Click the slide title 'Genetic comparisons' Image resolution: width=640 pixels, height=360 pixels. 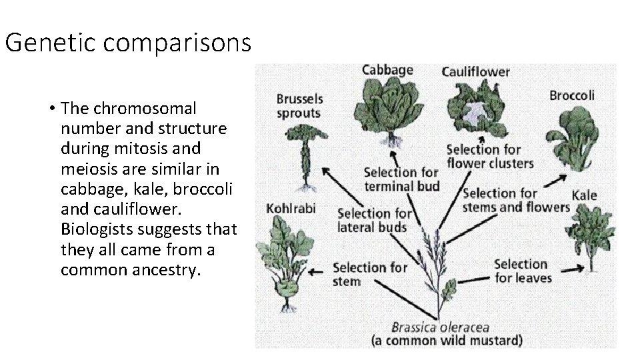[128, 43]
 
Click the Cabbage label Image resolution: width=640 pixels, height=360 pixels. [387, 69]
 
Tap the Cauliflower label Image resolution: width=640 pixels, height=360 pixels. [476, 71]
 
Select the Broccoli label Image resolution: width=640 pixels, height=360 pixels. [571, 95]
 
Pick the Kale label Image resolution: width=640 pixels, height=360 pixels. [584, 195]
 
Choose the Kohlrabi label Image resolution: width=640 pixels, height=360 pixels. [291, 207]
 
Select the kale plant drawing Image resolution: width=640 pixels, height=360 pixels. [589, 233]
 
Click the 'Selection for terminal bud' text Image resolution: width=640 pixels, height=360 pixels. [401, 179]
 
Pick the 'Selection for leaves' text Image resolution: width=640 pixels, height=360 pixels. [521, 271]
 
